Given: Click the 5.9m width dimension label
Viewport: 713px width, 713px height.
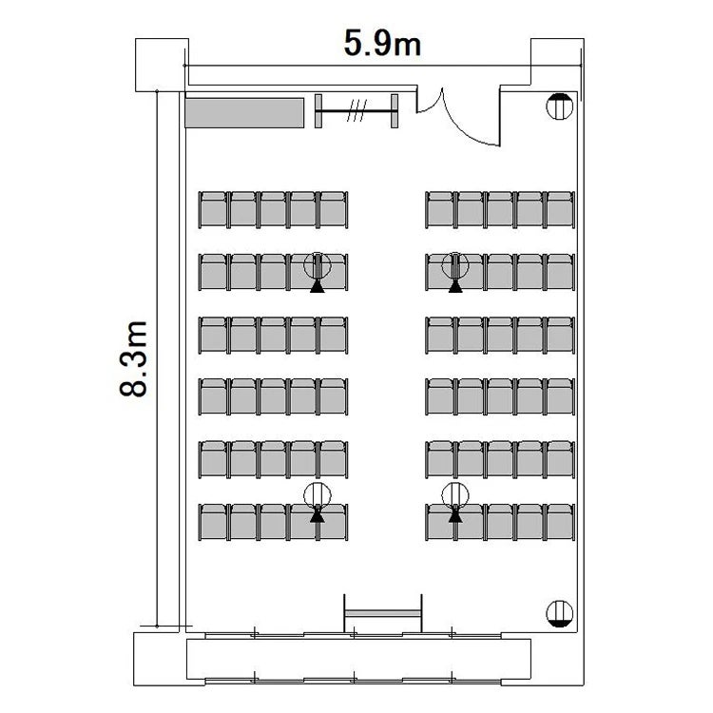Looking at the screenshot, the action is tap(382, 43).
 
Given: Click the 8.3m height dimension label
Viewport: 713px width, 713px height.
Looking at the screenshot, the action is tap(133, 358).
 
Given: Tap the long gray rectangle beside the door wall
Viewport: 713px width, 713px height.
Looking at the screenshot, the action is tap(244, 113).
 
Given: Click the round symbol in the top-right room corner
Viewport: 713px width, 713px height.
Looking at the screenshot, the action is tap(559, 106).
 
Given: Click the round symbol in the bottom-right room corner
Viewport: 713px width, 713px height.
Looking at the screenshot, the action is tap(559, 613).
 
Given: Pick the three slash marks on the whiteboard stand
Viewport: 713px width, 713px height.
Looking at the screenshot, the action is tap(356, 111).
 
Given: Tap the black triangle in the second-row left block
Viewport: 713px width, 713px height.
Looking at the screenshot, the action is tap(318, 286).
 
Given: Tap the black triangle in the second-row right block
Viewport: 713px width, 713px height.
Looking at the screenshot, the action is tap(455, 286).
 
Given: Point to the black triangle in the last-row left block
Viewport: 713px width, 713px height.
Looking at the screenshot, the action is tap(318, 515).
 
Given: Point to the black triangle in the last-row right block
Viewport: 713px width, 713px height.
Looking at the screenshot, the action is tap(455, 515).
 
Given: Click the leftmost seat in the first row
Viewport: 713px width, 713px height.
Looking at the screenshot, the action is tap(213, 210).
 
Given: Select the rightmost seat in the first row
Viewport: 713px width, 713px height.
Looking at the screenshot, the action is tap(561, 210).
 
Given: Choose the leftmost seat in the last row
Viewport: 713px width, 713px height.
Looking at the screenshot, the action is tap(213, 522).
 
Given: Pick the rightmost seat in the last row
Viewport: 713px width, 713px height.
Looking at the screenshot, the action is tap(561, 522).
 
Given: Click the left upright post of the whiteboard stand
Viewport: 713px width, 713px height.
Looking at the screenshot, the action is tap(318, 111).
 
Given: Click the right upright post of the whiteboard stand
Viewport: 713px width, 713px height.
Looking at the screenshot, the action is tap(395, 111).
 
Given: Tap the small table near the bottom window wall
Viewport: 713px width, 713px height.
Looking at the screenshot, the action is tap(383, 613).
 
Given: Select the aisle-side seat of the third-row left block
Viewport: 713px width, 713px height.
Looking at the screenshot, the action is tap(334, 336).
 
